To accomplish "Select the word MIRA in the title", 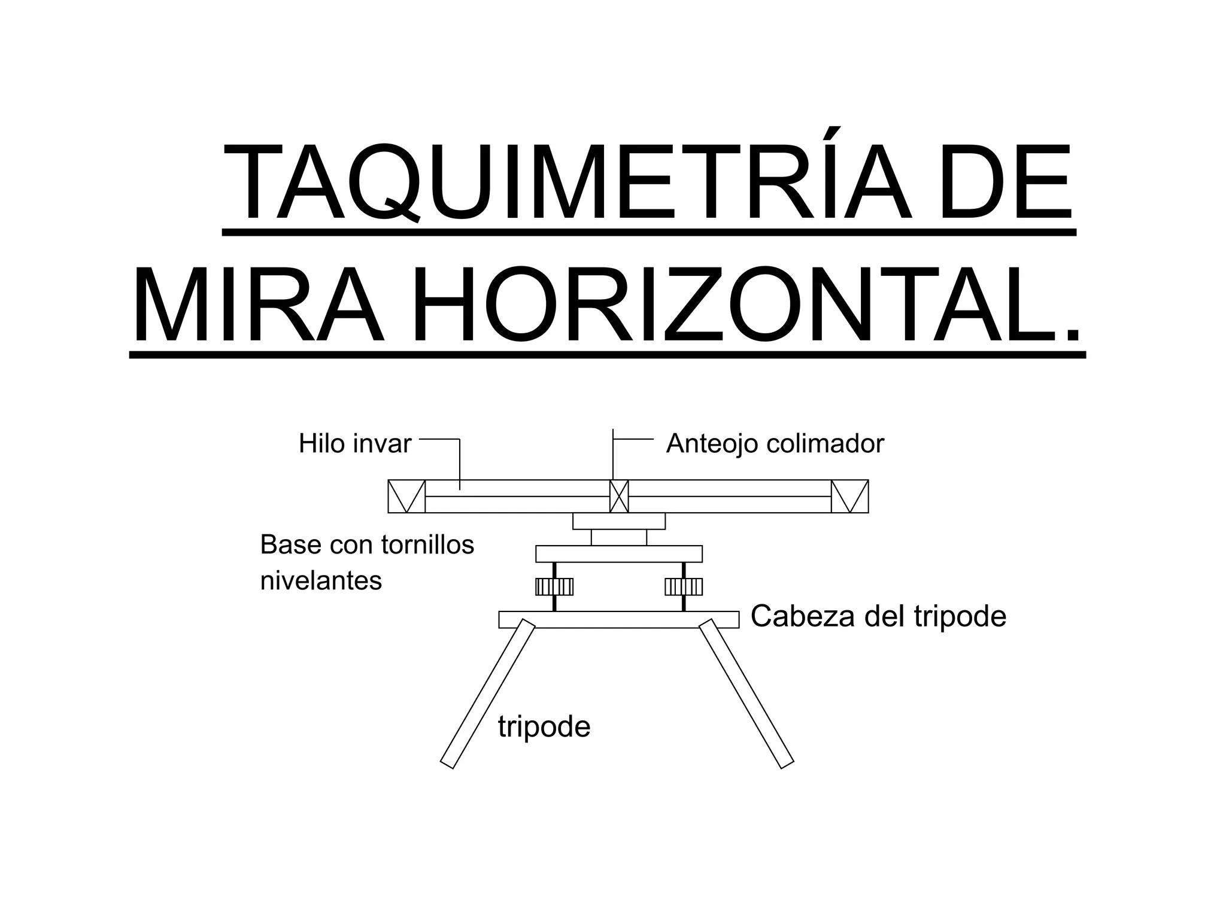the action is (x=259, y=305).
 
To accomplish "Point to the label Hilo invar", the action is (x=355, y=444).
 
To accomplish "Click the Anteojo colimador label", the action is (x=775, y=444).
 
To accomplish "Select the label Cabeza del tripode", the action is (x=878, y=616).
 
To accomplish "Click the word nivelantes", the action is (x=321, y=580).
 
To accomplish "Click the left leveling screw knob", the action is (x=554, y=586).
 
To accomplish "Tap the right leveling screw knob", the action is (x=684, y=586).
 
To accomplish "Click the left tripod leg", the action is (x=487, y=694).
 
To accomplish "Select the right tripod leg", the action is (x=746, y=693).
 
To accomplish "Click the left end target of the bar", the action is (x=406, y=497).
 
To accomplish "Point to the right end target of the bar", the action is (x=850, y=497).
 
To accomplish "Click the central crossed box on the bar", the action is (x=619, y=497).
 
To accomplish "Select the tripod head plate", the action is (x=619, y=620).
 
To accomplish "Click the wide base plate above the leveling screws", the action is (x=619, y=554).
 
